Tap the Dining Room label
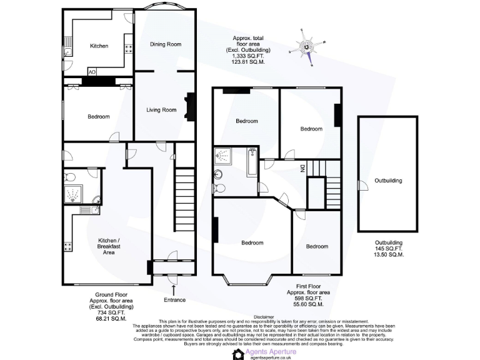166,44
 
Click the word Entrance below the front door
174,300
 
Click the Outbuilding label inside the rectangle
388,181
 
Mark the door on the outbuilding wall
359,183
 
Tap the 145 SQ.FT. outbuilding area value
387,248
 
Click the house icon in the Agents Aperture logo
237,354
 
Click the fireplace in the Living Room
187,106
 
